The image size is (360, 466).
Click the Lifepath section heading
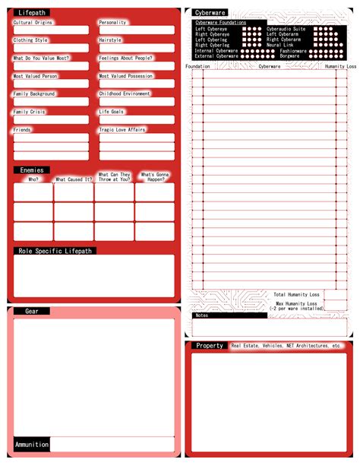(x=32, y=13)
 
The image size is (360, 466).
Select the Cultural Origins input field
(x=51, y=30)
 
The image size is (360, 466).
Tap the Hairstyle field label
(x=110, y=40)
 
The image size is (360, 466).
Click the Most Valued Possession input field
(x=136, y=84)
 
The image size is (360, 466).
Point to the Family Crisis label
(x=30, y=112)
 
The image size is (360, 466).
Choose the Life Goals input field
(x=136, y=120)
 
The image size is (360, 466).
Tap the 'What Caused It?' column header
(x=74, y=179)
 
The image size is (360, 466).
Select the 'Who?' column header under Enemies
(x=33, y=179)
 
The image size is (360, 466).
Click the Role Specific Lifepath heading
(x=55, y=250)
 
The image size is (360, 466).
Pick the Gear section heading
(x=32, y=311)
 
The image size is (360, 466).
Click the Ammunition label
(x=32, y=444)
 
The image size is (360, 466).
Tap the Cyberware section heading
(x=210, y=13)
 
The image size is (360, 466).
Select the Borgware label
(x=289, y=55)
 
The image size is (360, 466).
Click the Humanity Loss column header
(x=340, y=67)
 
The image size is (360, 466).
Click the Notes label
(x=201, y=315)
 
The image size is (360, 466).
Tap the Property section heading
(x=210, y=345)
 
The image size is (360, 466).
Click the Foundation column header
(x=197, y=67)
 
